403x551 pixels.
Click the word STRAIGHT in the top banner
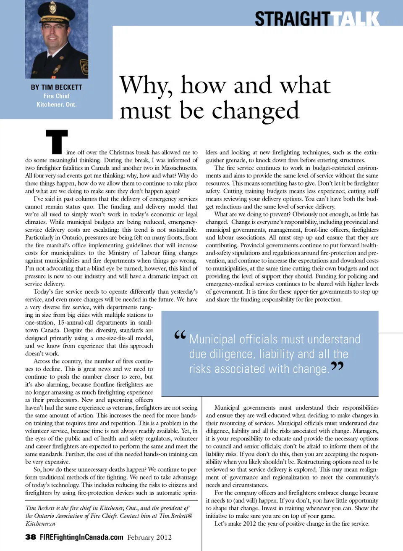pos(292,19)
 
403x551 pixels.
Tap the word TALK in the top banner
pos(355,19)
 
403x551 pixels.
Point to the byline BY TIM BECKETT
pos(56,87)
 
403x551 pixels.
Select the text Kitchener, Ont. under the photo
pos(56,104)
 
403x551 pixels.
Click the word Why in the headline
pos(146,85)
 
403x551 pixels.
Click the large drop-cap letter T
pos(57,142)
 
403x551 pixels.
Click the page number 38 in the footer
pos(30,537)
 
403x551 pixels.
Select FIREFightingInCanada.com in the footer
pos(81,537)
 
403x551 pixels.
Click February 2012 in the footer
pos(149,537)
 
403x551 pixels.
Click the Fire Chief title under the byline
pos(56,96)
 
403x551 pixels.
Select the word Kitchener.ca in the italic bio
pos(40,524)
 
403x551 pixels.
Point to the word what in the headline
pos(305,85)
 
